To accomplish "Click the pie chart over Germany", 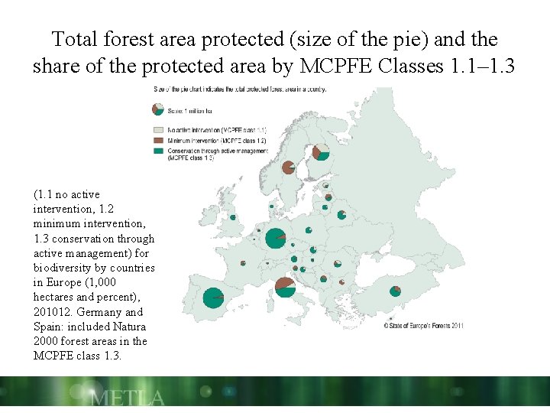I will [x=275, y=239].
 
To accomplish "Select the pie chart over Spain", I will [x=213, y=296].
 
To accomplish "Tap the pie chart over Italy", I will [x=285, y=287].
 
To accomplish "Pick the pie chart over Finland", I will [x=321, y=151].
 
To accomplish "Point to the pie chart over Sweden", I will [x=288, y=167].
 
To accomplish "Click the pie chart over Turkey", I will [x=396, y=291].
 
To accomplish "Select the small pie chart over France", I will [x=243, y=263].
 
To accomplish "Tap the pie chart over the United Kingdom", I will [x=233, y=217].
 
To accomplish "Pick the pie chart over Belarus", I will [x=341, y=215].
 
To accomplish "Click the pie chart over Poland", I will [x=309, y=230].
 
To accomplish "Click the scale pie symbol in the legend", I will [x=158, y=109].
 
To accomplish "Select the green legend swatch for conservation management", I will [x=158, y=151].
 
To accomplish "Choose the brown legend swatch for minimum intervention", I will [x=158, y=141].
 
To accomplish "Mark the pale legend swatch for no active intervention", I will [x=158, y=131].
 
